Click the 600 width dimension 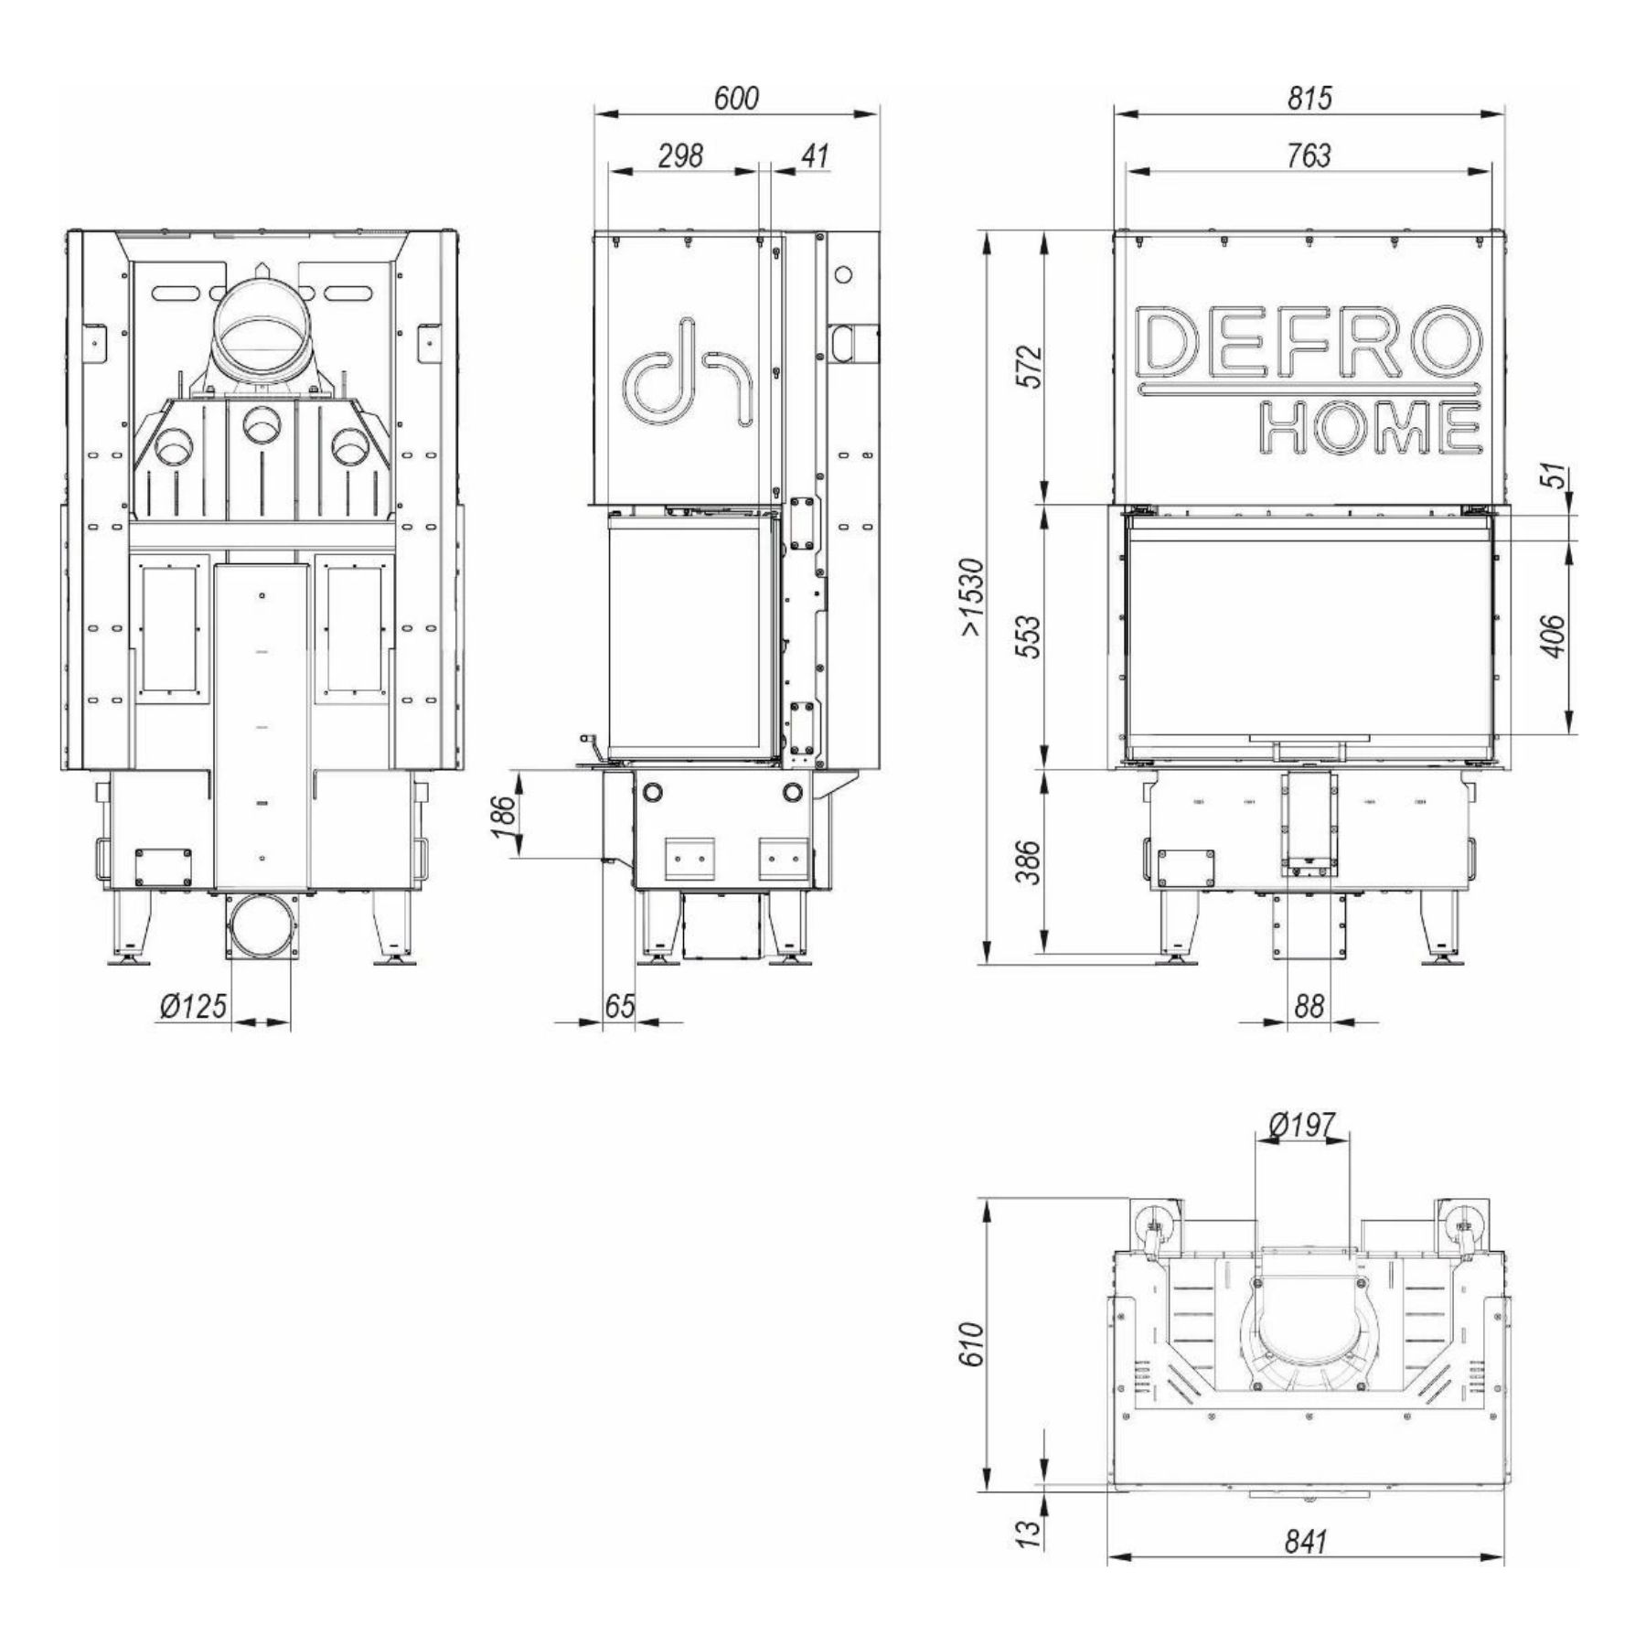[x=736, y=97]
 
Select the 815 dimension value [x=1309, y=97]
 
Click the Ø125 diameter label [x=193, y=1006]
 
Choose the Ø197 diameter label [x=1303, y=1125]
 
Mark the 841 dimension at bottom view [x=1305, y=1541]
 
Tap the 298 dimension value [x=682, y=155]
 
